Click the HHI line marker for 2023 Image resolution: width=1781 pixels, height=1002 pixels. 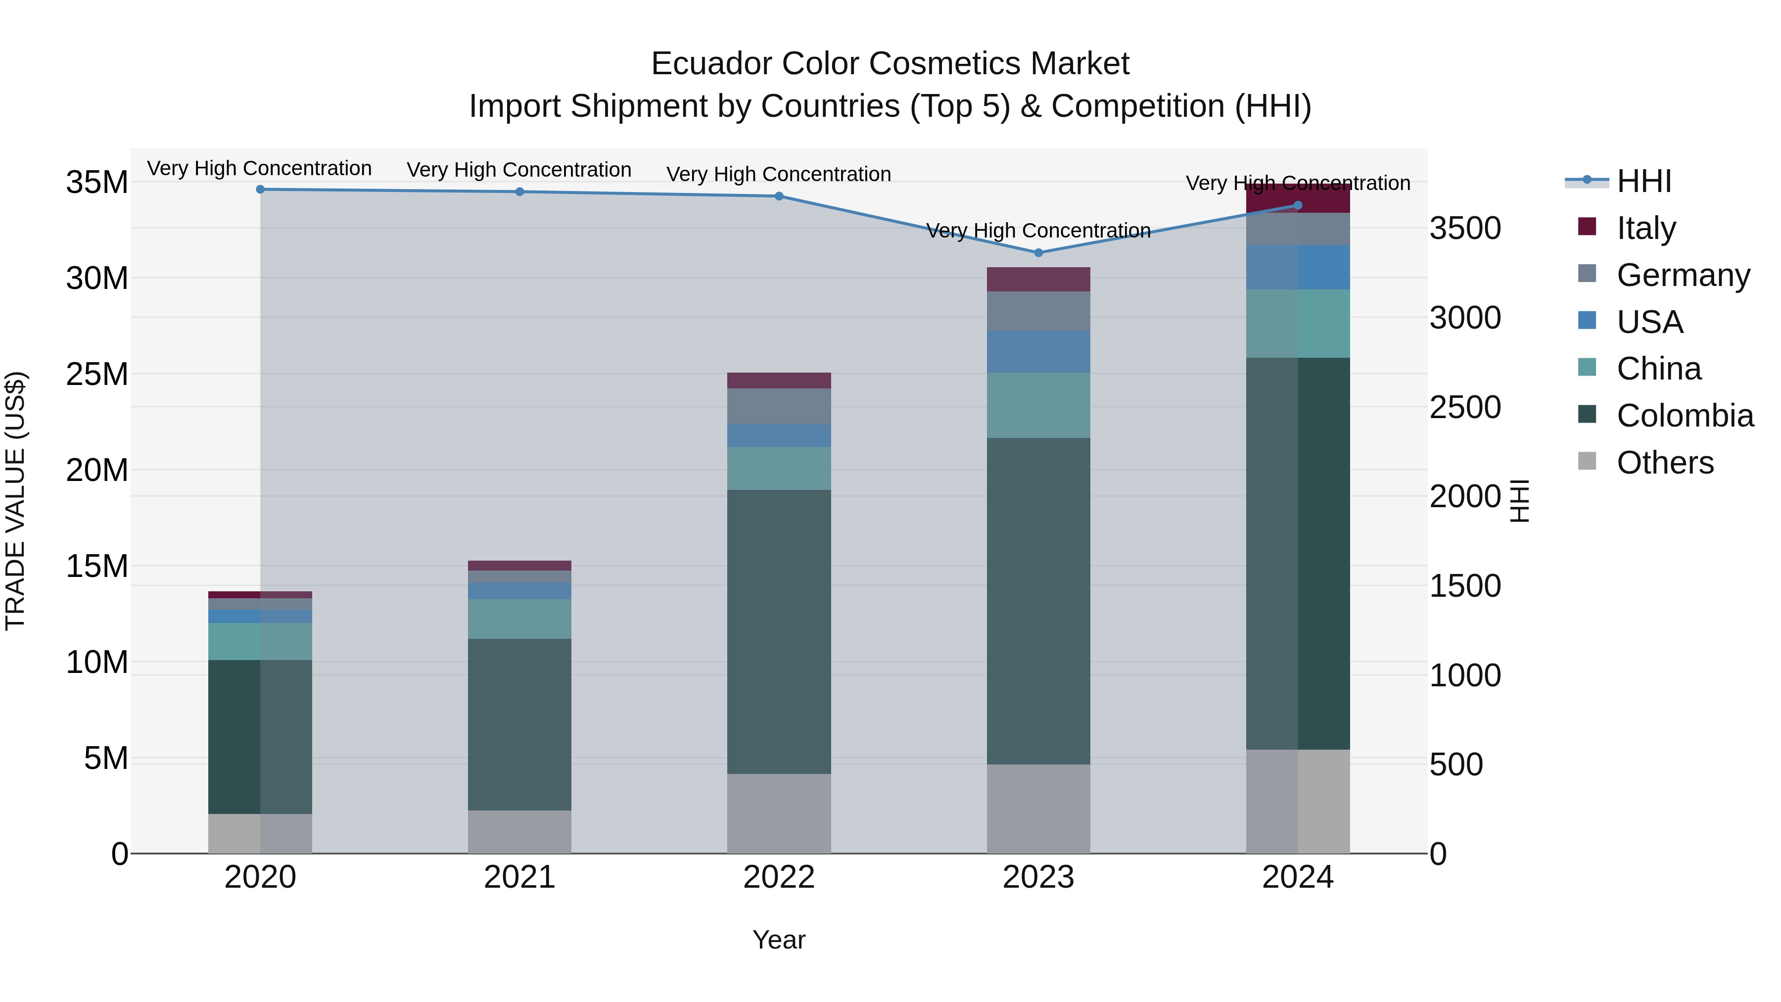click(1038, 253)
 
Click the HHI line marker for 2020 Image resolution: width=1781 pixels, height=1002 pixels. click(260, 190)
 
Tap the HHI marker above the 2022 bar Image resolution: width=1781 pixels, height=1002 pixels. click(779, 196)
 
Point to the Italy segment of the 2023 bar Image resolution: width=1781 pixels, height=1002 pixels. click(1038, 280)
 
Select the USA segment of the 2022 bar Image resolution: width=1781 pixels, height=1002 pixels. click(779, 435)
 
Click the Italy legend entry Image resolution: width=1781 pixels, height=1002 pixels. click(1645, 228)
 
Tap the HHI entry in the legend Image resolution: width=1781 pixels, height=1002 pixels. click(1643, 181)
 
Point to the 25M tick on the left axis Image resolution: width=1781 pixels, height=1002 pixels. click(97, 374)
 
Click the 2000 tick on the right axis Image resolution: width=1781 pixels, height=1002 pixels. click(1465, 496)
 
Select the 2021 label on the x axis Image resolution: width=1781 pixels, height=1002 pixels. click(519, 877)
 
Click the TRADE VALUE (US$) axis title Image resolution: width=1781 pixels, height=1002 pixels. click(15, 501)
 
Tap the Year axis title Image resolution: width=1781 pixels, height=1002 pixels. click(779, 940)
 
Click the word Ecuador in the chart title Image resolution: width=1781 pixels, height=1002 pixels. click(711, 64)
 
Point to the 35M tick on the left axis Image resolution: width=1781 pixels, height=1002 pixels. click(97, 183)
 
